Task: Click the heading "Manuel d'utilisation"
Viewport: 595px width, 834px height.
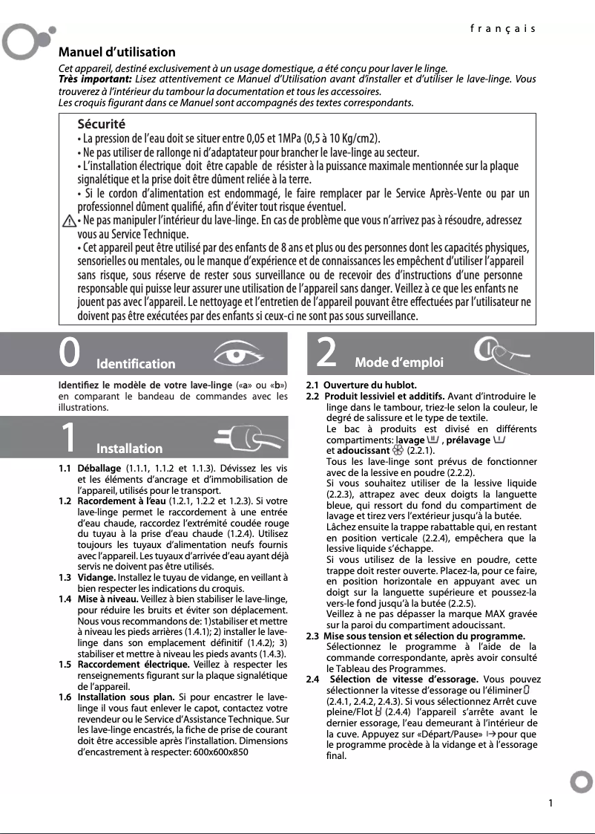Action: click(117, 52)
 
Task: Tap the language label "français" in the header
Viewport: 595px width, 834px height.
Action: click(502, 29)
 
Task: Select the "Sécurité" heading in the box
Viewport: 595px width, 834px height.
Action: click(102, 123)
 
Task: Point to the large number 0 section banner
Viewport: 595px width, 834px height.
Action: click(70, 354)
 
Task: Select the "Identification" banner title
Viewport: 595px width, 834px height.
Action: click(136, 364)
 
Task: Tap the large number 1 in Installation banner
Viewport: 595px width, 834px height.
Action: click(68, 438)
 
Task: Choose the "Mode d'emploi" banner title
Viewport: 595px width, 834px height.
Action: click(399, 362)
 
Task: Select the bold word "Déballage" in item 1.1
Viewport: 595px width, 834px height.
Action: click(99, 469)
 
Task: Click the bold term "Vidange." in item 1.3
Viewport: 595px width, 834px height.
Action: click(96, 577)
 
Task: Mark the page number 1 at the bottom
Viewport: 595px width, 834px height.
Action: click(550, 803)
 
